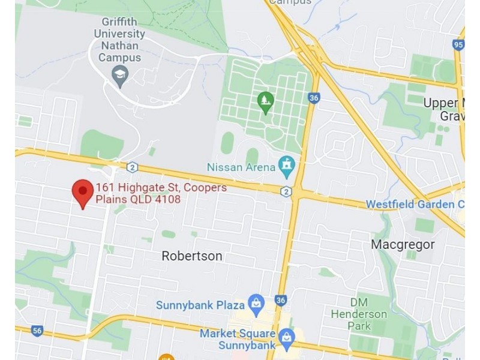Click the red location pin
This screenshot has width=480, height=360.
82,191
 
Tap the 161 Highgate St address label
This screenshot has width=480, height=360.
161,193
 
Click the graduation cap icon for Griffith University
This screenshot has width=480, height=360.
120,75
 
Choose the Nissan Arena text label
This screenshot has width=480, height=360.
241,167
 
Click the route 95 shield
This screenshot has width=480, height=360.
459,44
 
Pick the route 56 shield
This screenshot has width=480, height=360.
38,330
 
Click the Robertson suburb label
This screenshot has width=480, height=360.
192,256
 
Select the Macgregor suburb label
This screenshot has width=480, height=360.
403,245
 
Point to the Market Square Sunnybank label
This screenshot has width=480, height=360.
238,339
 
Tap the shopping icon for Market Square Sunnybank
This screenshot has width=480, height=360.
287,337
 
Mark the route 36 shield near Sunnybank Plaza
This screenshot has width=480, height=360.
281,300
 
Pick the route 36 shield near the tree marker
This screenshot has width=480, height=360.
314,98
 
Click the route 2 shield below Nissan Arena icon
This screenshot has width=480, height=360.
286,191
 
